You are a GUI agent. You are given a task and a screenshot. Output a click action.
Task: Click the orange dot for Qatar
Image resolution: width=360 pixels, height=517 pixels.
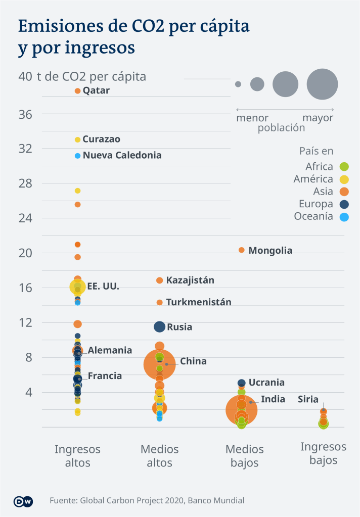77,90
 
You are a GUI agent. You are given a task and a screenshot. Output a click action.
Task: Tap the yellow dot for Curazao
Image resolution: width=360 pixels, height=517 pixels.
77,139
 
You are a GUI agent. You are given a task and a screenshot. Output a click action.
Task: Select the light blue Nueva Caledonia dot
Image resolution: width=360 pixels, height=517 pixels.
77,156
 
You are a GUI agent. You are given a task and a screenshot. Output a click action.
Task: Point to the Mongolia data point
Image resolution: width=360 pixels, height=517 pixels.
241,250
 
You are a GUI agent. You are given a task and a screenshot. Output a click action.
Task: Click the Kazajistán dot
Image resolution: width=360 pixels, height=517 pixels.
159,280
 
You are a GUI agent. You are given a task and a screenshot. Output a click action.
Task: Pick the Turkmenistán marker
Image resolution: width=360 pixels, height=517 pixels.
159,302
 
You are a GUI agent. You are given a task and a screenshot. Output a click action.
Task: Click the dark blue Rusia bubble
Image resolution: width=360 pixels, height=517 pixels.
159,327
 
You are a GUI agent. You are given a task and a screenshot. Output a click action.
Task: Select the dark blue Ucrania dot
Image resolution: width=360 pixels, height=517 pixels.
242,383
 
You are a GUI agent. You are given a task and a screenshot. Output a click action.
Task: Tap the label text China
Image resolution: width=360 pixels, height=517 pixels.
193,361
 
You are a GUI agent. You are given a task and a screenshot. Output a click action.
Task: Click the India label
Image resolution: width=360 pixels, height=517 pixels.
273,399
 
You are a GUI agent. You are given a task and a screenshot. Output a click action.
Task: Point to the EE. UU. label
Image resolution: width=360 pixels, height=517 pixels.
103,286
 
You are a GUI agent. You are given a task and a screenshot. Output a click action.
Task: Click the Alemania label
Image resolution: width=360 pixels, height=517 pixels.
110,350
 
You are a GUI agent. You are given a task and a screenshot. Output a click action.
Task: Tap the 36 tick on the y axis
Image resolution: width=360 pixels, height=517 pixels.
26,115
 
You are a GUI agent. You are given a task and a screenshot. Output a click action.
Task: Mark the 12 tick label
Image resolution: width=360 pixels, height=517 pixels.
26,323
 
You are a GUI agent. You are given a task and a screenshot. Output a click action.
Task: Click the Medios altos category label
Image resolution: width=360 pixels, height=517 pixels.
159,456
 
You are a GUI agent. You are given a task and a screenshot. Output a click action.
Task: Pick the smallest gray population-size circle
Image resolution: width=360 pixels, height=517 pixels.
238,84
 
